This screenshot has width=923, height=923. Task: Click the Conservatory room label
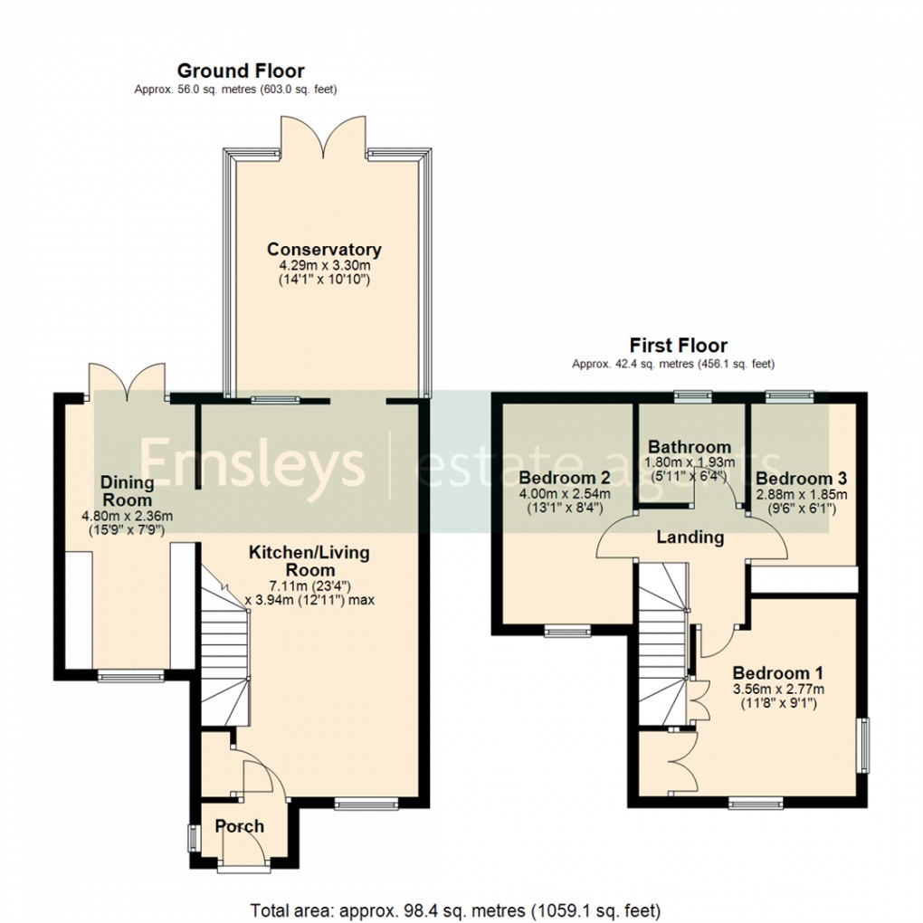pyautogui.click(x=324, y=250)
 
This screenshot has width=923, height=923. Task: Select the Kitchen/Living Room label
pyautogui.click(x=309, y=561)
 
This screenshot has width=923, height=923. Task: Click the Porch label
pyautogui.click(x=240, y=826)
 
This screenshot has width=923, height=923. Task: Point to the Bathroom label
pyautogui.click(x=690, y=447)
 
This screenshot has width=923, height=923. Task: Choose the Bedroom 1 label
pyautogui.click(x=777, y=673)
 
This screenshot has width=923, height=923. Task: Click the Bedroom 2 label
pyautogui.click(x=564, y=477)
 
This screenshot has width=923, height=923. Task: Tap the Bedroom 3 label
pyautogui.click(x=801, y=478)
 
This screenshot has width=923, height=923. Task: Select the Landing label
pyautogui.click(x=690, y=537)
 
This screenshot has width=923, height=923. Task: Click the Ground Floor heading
pyautogui.click(x=241, y=71)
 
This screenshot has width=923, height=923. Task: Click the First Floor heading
pyautogui.click(x=679, y=345)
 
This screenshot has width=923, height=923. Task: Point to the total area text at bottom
pyautogui.click(x=454, y=909)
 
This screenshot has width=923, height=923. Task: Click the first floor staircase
pyautogui.click(x=663, y=642)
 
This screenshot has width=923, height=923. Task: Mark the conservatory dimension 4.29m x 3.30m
pyautogui.click(x=324, y=268)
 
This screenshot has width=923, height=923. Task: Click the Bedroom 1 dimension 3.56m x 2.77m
pyautogui.click(x=777, y=690)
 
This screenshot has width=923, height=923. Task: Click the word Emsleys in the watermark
pyautogui.click(x=251, y=463)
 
